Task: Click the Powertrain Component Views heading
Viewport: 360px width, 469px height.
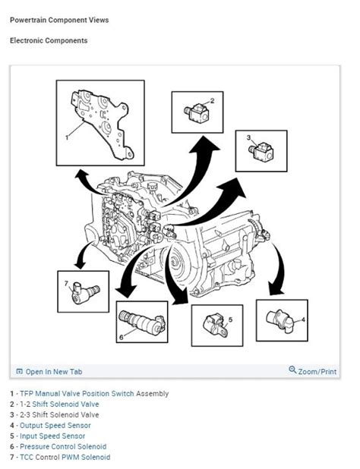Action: pos(59,20)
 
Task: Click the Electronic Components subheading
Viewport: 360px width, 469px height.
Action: pos(49,40)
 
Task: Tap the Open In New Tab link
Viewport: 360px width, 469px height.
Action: pos(49,372)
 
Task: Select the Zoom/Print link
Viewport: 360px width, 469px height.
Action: pos(313,371)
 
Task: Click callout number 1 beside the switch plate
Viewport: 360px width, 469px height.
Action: pos(67,137)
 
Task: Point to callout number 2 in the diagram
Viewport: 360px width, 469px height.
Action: pos(212,101)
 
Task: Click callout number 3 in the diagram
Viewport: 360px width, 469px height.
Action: pos(248,137)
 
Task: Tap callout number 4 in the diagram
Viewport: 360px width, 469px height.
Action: pos(303,319)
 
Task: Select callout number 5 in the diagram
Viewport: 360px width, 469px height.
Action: pos(230,319)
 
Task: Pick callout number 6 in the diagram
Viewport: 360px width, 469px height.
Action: pos(122,338)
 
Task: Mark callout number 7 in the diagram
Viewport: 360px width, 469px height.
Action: pos(66,283)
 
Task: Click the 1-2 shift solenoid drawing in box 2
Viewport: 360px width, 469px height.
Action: pos(196,113)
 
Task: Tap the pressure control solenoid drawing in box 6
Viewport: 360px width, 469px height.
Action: pos(142,323)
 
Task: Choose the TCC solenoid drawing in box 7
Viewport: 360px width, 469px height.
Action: pos(85,293)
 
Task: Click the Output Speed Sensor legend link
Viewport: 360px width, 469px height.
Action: pos(55,425)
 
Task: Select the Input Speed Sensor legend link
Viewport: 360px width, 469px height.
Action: pos(52,436)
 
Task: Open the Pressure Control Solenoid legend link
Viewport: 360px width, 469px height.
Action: pos(63,446)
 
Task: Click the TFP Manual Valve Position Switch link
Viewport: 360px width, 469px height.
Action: pos(77,394)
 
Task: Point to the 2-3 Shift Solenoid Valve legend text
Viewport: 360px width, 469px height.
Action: pos(59,415)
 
